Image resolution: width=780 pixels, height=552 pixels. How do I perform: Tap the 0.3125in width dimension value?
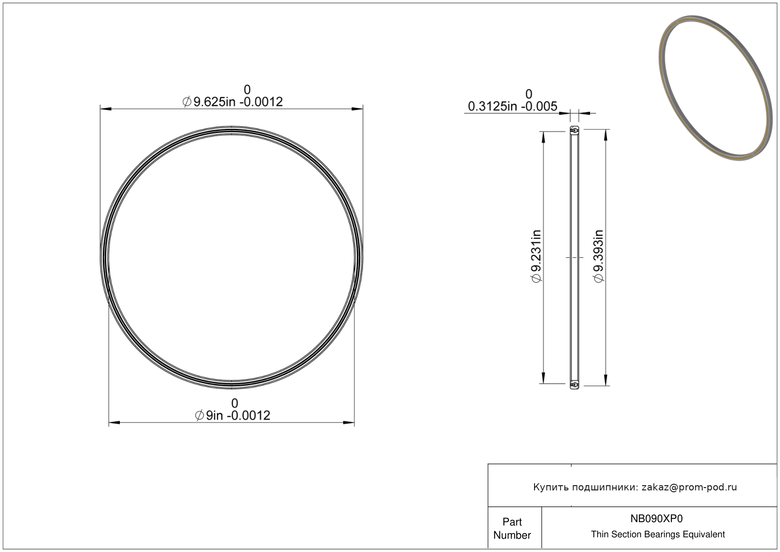pos(513,106)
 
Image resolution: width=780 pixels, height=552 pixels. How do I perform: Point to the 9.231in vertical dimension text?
pos(536,256)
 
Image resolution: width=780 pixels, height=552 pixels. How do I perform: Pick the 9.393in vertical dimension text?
pos(598,256)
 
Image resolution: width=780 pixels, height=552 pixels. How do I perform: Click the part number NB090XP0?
pos(656,518)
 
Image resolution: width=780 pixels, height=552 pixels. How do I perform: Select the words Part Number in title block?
pos(512,528)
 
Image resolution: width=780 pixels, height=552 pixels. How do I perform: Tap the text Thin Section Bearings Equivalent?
pos(658,534)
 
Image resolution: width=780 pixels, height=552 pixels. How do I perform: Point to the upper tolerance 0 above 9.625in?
pos(247,90)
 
